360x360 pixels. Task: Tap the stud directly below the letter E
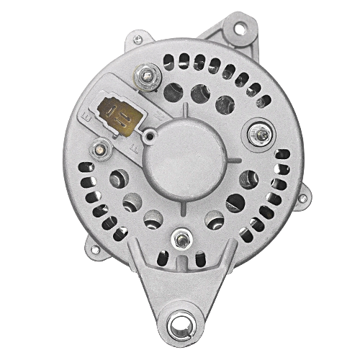pos(99,150)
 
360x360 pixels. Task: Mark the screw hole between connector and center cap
pos(150,136)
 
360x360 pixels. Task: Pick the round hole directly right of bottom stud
pos(213,220)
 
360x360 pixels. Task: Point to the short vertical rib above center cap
pos(185,109)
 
